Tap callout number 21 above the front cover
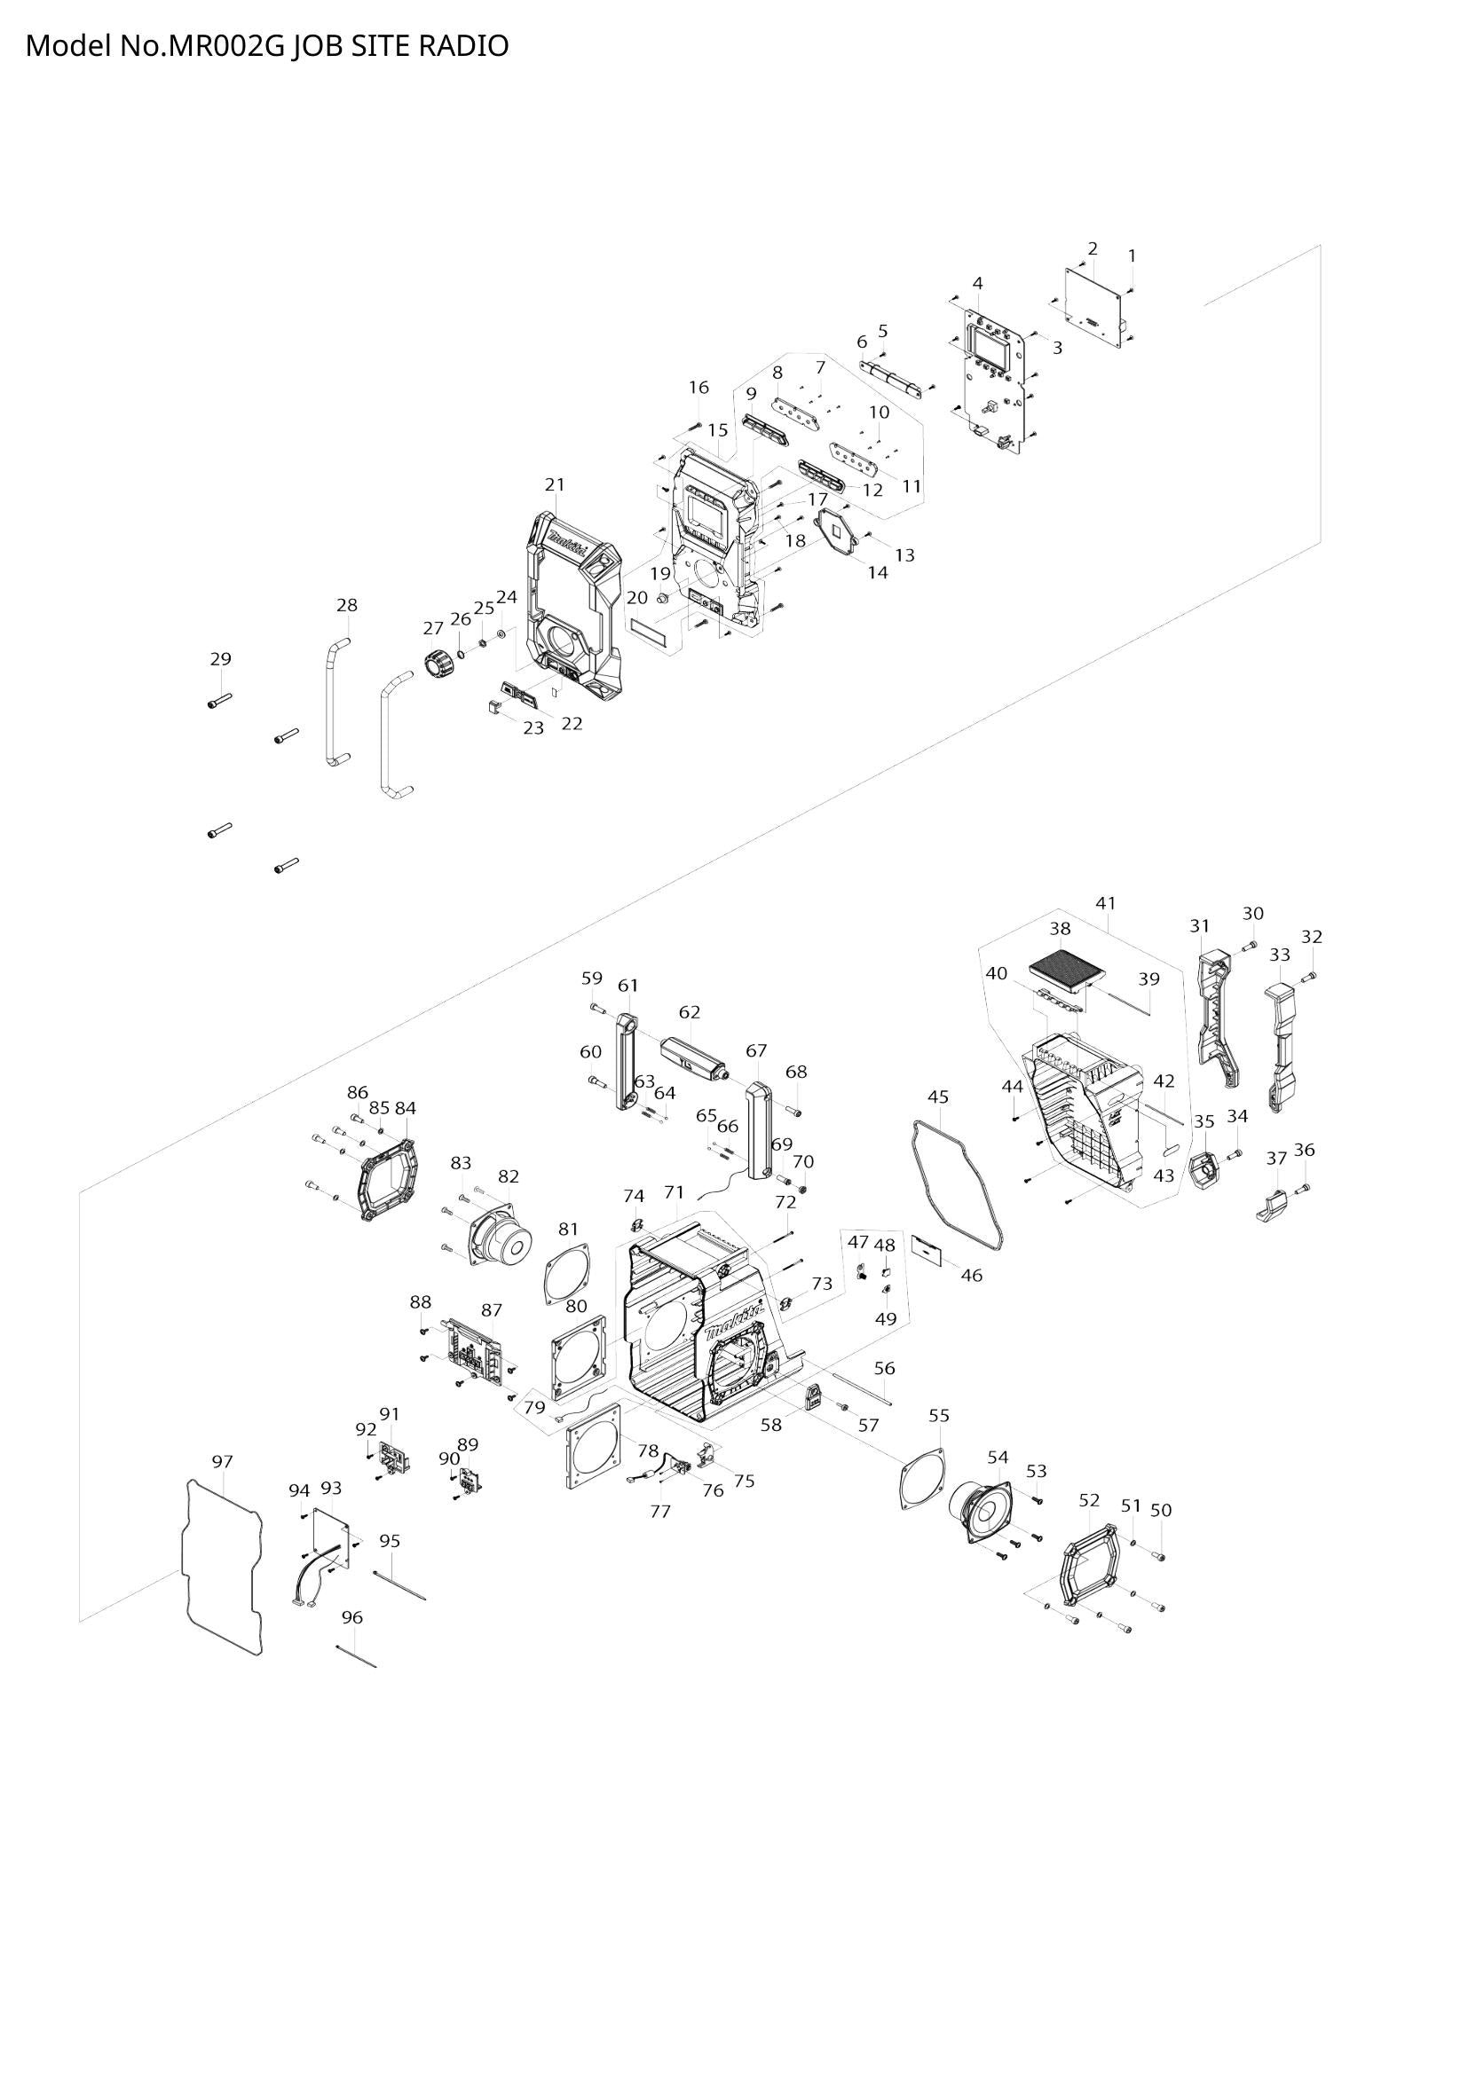[x=555, y=484]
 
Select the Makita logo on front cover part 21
[x=567, y=546]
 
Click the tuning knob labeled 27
[x=439, y=665]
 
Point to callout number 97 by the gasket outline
[x=223, y=1461]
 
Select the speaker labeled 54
[x=979, y=1511]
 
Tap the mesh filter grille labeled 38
[x=1068, y=969]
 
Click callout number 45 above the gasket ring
[x=938, y=1096]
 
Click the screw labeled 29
[x=219, y=701]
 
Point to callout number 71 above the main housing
[x=675, y=1192]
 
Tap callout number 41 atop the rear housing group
[x=1106, y=903]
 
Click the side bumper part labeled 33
[x=1281, y=1040]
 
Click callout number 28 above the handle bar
[x=347, y=606]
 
